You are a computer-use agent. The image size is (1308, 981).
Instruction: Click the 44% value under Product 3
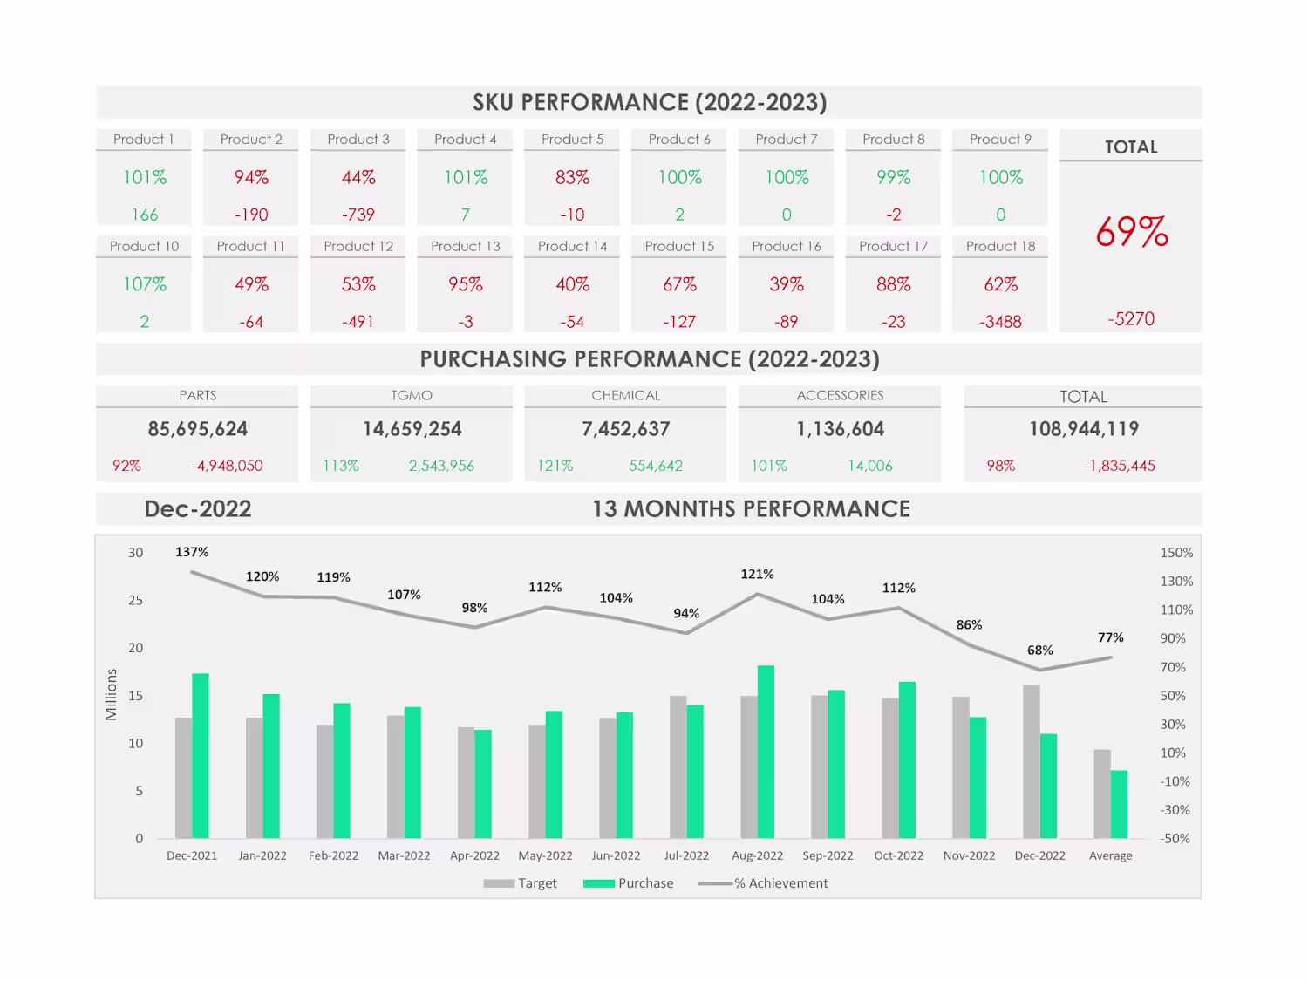pos(358,178)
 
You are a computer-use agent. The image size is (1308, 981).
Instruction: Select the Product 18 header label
pos(1000,247)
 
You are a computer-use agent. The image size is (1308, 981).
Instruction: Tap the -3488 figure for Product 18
pos(1000,322)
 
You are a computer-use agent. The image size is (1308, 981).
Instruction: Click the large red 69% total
pos(1131,233)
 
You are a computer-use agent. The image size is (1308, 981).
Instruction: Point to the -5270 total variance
pos(1131,319)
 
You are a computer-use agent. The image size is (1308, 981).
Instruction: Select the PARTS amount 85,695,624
pos(198,429)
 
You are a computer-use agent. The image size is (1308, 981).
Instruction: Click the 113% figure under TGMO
pos(341,466)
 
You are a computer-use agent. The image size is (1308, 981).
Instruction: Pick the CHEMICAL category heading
pos(625,396)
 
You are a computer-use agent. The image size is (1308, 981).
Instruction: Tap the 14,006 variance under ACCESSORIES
pos(870,466)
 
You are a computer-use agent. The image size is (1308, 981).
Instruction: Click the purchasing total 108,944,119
pos(1084,429)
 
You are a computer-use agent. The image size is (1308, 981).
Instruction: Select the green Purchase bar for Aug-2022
pos(766,752)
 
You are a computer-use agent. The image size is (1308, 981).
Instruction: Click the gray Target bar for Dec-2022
pos(1032,761)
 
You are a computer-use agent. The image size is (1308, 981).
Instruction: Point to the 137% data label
pos(192,552)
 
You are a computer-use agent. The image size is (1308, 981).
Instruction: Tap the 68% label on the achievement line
pos(1039,651)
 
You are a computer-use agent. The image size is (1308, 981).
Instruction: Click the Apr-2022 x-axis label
pos(474,855)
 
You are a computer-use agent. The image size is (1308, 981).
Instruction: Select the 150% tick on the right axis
pos(1175,553)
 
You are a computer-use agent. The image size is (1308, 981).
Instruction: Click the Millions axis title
pos(111,695)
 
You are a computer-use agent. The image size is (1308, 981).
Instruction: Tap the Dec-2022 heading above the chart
pos(198,509)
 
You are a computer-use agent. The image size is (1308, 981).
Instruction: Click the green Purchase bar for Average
pos(1119,804)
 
